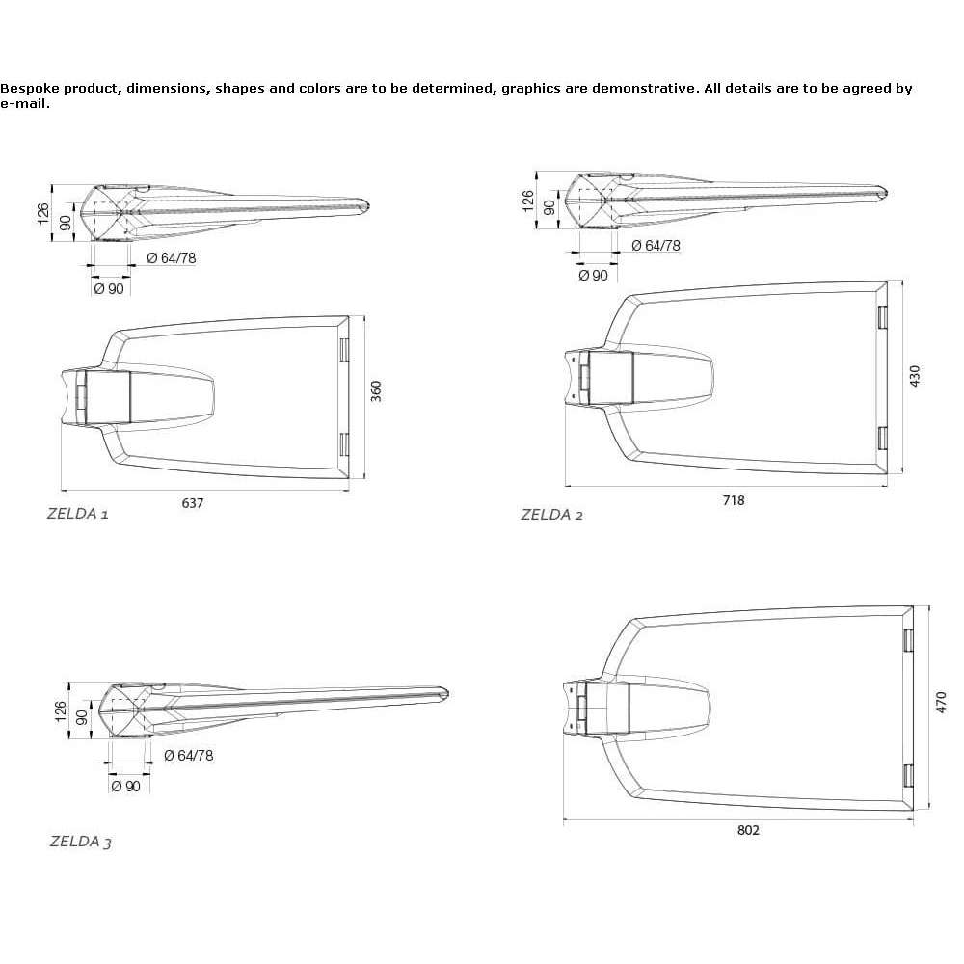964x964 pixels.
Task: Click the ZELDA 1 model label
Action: (77, 514)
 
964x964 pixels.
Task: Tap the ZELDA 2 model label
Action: (551, 515)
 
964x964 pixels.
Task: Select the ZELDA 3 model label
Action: (81, 842)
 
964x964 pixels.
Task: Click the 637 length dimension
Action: (193, 503)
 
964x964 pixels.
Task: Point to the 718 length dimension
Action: (734, 500)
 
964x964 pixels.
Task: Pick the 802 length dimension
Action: (748, 830)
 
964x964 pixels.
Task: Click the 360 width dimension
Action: (376, 391)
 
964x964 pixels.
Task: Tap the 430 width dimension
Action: (915, 376)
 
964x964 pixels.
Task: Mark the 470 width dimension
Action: (941, 703)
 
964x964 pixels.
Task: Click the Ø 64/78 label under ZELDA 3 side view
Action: (189, 755)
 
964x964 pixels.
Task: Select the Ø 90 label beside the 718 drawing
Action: (593, 276)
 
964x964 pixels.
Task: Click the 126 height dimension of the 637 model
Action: (43, 213)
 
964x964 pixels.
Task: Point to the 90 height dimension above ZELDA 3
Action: (82, 717)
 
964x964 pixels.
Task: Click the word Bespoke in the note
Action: (30, 88)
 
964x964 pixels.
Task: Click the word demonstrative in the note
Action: (645, 88)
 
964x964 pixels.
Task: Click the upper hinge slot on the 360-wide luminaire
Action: (344, 349)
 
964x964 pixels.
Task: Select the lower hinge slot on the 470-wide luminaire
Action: (907, 777)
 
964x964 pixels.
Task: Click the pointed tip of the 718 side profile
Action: (886, 192)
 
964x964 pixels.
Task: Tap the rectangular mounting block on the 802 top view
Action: (607, 709)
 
